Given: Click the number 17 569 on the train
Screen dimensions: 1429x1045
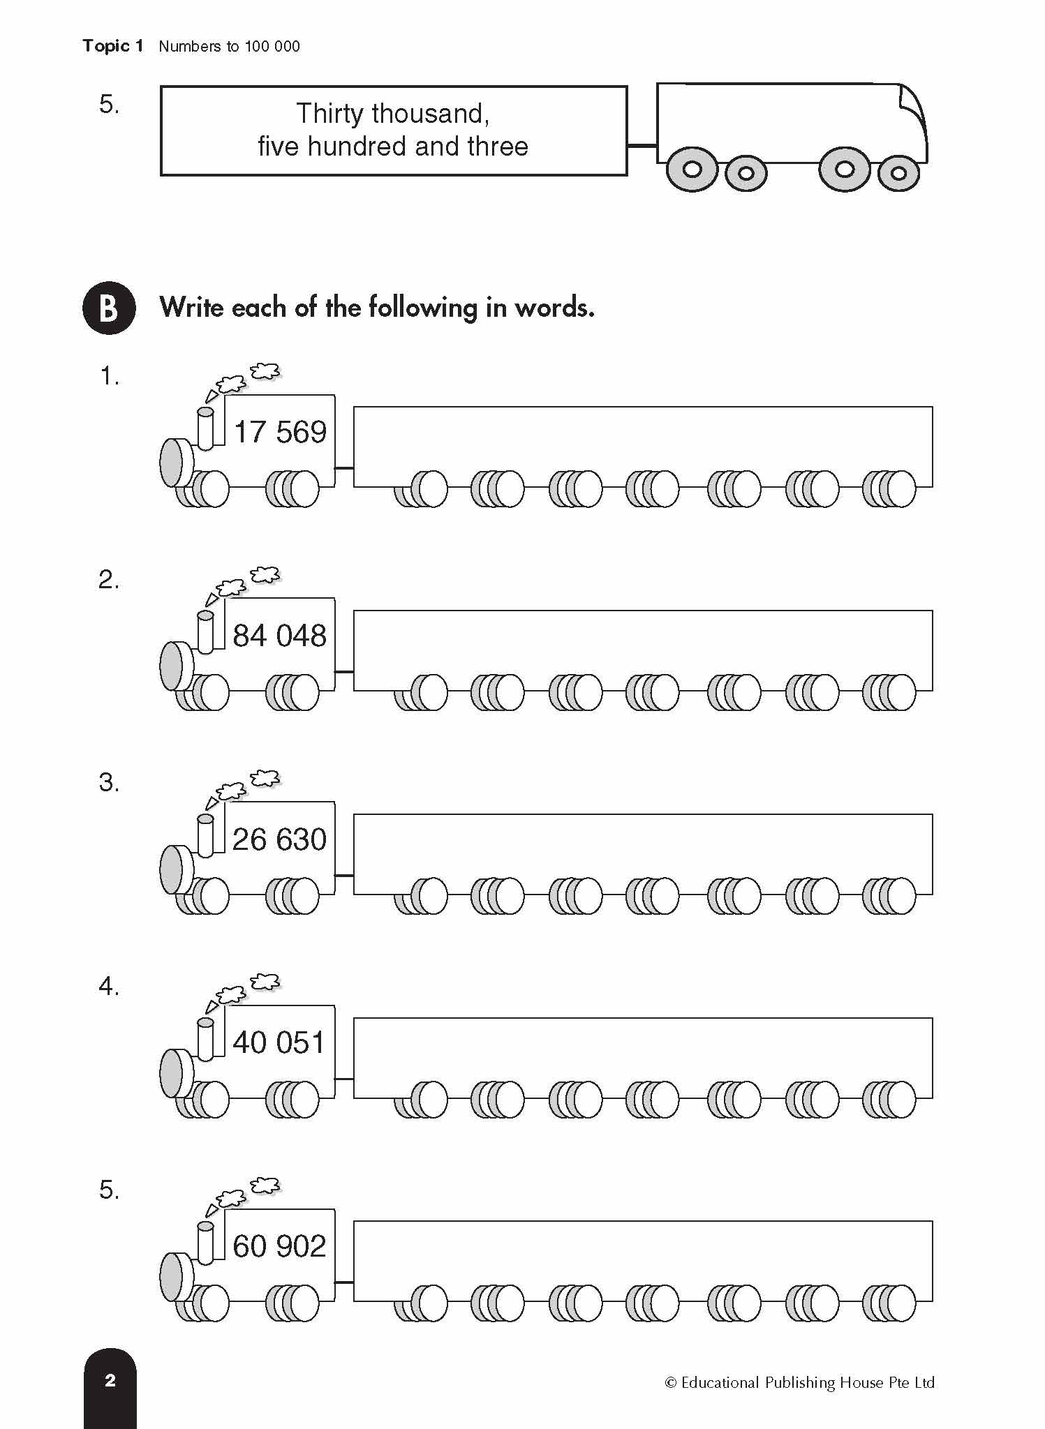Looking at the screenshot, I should pyautogui.click(x=279, y=433).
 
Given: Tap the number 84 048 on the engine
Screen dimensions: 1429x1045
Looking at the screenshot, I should pyautogui.click(x=279, y=636).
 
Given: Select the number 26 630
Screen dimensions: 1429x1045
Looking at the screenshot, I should pyautogui.click(x=279, y=840).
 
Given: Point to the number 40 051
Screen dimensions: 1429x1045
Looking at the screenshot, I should pyautogui.click(x=279, y=1043).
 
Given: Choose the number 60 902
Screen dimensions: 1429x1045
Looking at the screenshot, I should pyautogui.click(x=279, y=1247).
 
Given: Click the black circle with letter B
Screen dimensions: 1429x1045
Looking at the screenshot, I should pyautogui.click(x=109, y=308).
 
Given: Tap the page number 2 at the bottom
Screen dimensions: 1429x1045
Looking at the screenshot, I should pyautogui.click(x=110, y=1380).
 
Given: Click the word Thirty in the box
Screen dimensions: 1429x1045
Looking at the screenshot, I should pyautogui.click(x=329, y=114).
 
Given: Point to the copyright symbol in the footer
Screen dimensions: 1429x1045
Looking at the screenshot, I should pyautogui.click(x=671, y=1383).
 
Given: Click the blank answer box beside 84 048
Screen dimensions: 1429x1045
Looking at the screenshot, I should pyautogui.click(x=642, y=642).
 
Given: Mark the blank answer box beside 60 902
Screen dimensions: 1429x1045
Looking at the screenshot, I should pyautogui.click(x=642, y=1252).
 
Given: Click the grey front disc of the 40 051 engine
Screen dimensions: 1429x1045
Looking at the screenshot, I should pyautogui.click(x=171, y=1072).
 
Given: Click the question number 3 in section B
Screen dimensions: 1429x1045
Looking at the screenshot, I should pyautogui.click(x=108, y=783).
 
